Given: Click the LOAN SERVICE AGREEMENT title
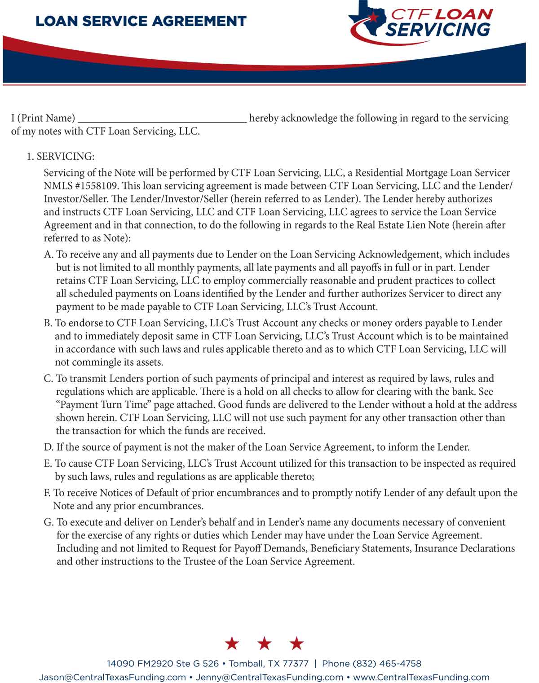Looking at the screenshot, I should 141,21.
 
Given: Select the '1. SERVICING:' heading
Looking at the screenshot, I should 61,157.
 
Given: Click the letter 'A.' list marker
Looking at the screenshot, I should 49,254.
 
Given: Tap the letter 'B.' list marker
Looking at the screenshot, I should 48,323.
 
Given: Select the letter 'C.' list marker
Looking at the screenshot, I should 49,379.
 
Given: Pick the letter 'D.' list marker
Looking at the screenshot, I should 49,447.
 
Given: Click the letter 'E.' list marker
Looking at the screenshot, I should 48,464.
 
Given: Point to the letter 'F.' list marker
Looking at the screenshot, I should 48,493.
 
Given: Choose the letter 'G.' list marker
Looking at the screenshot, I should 49,522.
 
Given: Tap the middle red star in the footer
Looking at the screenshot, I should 264,644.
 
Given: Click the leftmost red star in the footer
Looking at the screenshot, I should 232,644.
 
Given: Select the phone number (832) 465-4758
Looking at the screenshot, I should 387,664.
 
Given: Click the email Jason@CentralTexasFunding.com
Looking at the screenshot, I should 112,677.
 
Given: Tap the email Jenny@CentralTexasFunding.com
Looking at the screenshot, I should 269,677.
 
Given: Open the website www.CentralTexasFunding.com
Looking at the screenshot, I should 421,677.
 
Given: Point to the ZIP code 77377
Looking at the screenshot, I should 295,664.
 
